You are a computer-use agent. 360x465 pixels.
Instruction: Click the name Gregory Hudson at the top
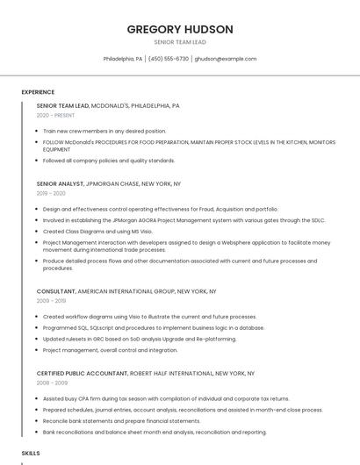click(180, 29)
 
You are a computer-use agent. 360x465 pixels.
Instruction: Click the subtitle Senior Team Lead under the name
click(180, 42)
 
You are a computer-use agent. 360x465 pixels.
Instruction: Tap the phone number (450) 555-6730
click(169, 59)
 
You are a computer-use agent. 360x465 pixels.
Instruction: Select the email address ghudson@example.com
click(226, 59)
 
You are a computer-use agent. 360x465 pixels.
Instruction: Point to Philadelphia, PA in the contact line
click(123, 59)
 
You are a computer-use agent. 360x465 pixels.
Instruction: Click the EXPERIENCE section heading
click(38, 92)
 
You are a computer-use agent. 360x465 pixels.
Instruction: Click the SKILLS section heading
click(31, 453)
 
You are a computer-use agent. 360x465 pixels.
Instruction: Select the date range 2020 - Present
click(56, 115)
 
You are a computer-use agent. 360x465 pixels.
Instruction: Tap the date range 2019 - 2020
click(51, 193)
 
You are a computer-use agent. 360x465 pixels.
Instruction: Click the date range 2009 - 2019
click(51, 300)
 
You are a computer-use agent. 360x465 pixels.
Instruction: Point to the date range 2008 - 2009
click(51, 383)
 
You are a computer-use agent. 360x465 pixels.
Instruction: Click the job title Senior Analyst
click(60, 184)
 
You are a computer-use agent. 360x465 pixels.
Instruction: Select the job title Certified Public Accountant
click(83, 373)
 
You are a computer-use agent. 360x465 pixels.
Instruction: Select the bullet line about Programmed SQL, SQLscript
click(154, 327)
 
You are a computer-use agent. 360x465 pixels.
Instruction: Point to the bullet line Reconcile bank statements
click(122, 421)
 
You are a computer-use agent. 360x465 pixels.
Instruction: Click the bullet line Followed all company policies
click(109, 161)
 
